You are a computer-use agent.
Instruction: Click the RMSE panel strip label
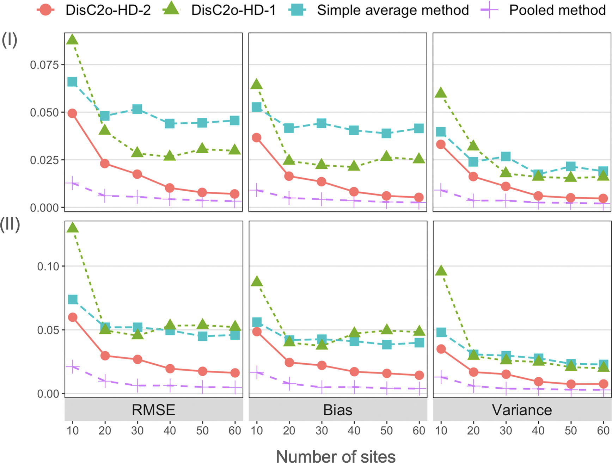pos(153,410)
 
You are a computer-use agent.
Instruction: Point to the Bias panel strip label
pos(338,410)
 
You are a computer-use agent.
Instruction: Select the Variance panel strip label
pos(522,410)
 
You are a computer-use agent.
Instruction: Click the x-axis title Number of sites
pos(336,456)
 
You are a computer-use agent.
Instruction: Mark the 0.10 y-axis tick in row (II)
pos(48,266)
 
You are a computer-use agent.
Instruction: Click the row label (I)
pos(10,40)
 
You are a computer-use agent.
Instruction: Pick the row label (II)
pos(10,224)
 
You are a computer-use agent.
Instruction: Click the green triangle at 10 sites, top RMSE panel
pos(72,39)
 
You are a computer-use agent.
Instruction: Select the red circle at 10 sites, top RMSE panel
pos(72,113)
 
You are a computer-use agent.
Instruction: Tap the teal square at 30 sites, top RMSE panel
pos(137,109)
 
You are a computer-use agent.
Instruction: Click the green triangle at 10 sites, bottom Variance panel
pos(441,271)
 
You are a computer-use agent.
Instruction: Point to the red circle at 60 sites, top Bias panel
pos(419,197)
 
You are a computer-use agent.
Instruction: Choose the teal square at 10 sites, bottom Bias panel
pos(257,322)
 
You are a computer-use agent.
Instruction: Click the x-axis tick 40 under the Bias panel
pos(354,430)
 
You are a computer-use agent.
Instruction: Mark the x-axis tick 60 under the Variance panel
pos(603,430)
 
